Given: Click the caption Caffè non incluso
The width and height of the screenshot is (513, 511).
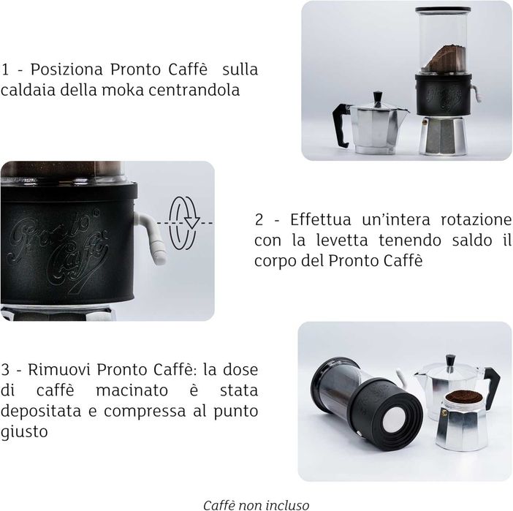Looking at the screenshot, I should (256, 504).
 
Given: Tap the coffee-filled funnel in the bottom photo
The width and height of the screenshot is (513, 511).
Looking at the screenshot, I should (462, 398).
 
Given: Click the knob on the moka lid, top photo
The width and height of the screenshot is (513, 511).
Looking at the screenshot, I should (378, 96).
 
